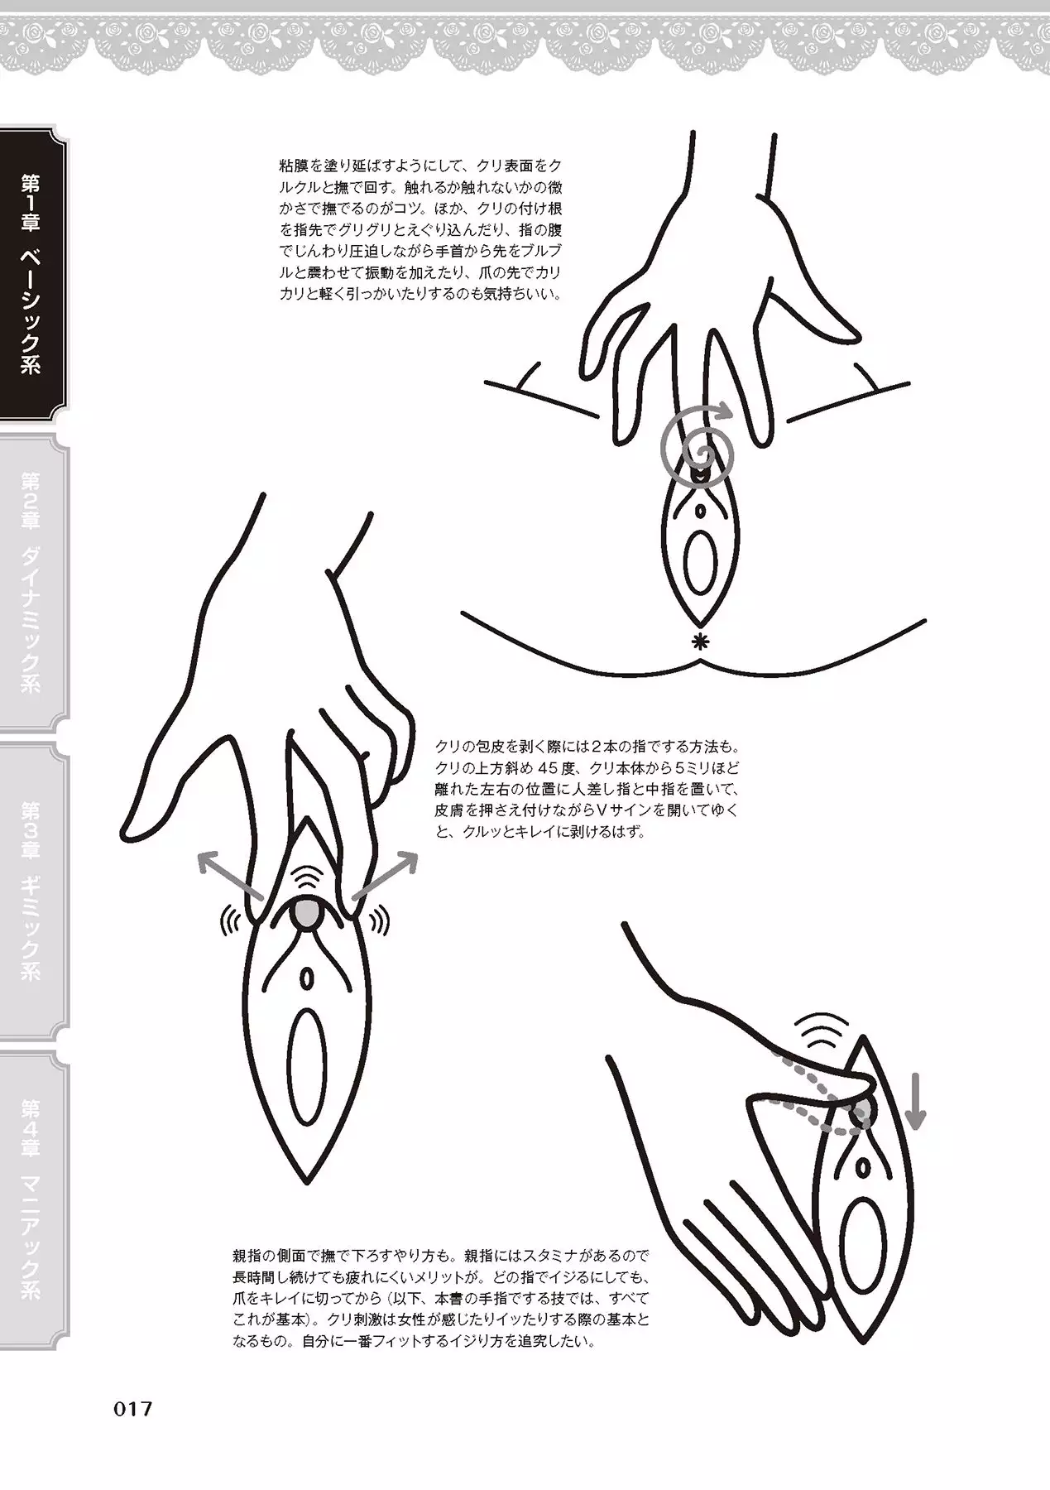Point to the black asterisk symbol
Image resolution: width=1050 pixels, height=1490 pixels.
pos(702,640)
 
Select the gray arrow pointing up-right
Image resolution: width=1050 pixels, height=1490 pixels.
pos(386,876)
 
